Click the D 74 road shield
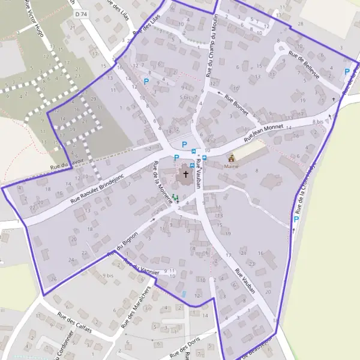point(82,14)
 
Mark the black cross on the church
point(185,175)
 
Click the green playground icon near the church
point(175,197)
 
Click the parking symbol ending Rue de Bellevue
point(346,72)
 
